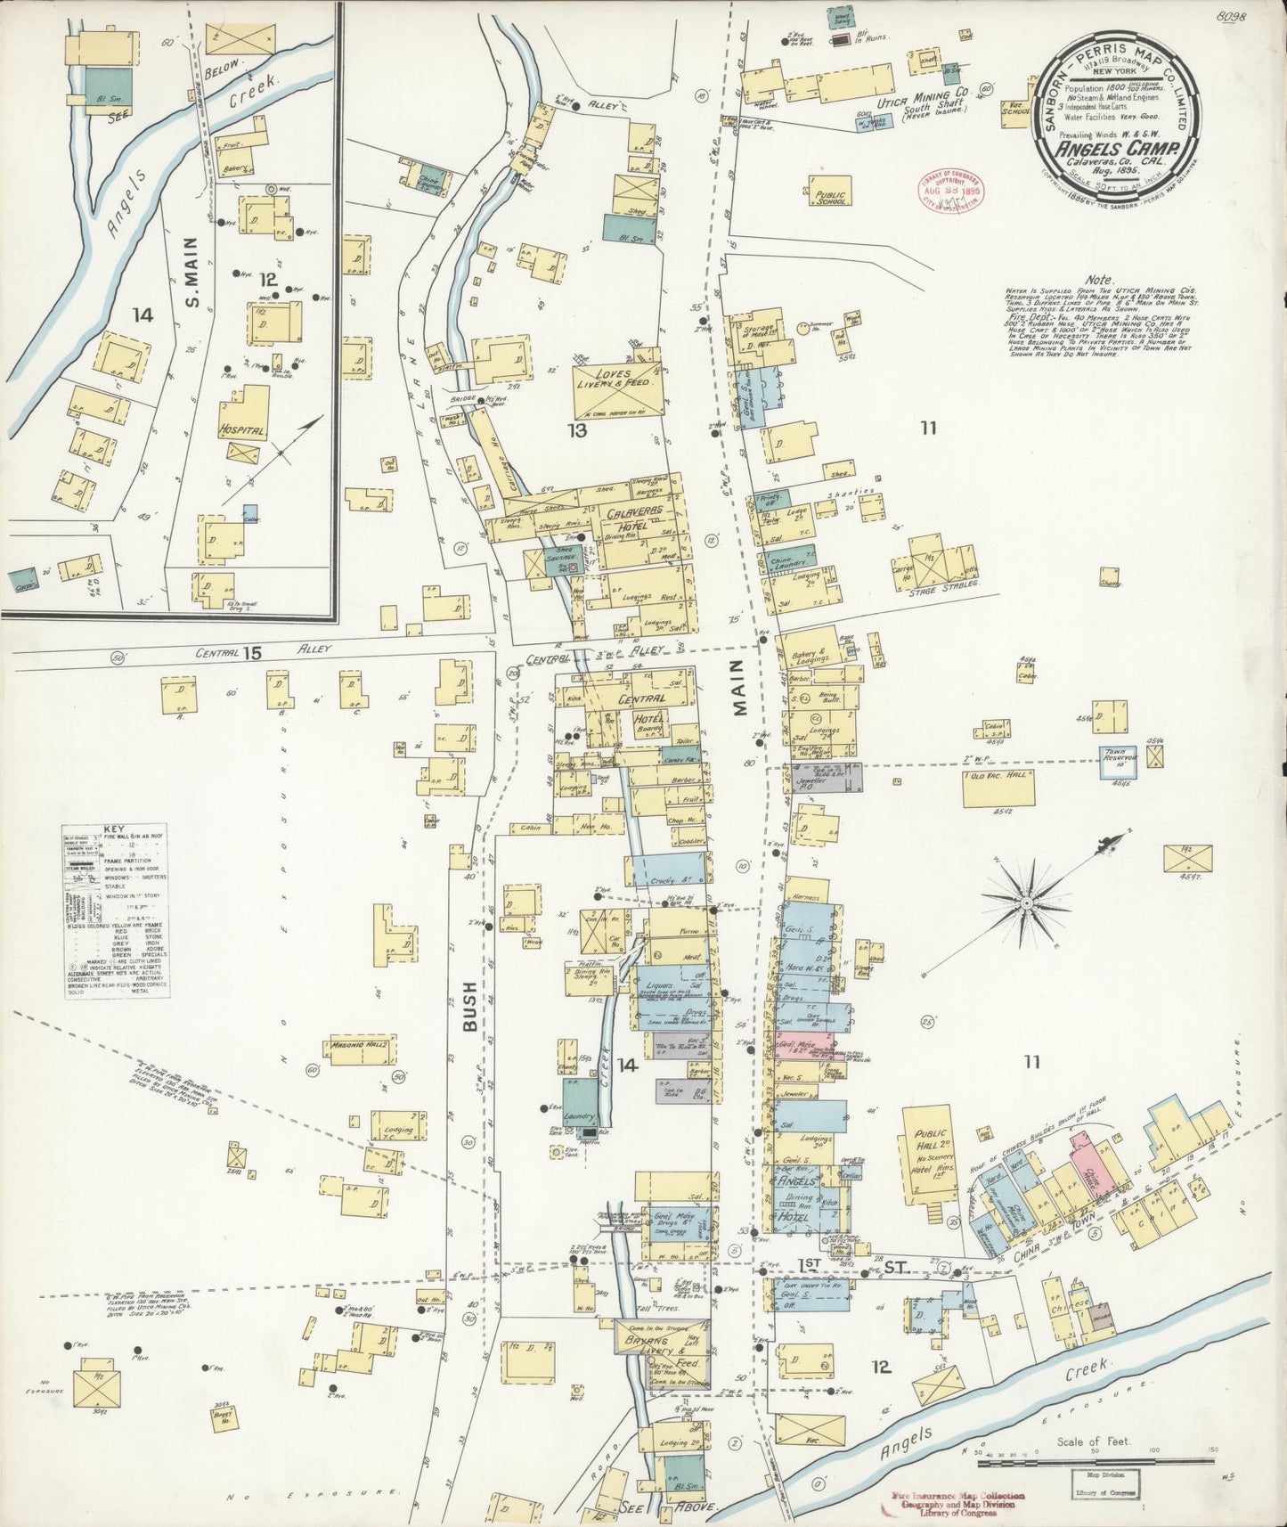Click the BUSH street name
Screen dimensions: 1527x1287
pos(471,1006)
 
